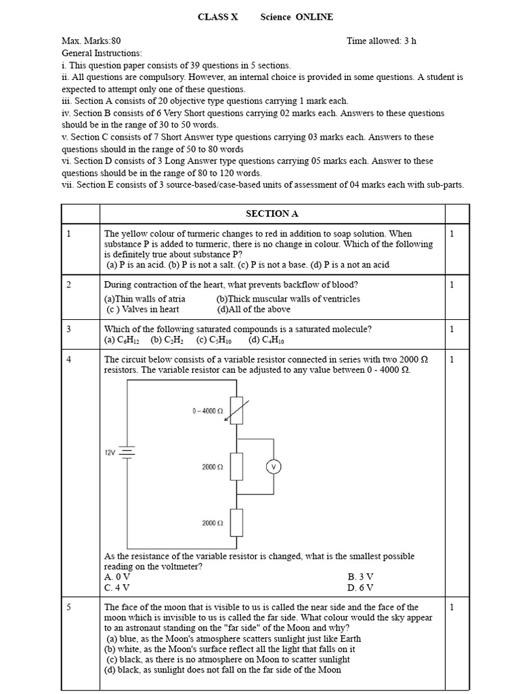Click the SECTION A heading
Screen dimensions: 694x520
[272, 213]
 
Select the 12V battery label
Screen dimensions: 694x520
[110, 452]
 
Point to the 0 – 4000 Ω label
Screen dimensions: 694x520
[208, 411]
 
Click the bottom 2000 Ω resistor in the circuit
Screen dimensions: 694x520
[236, 523]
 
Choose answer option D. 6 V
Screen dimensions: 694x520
[360, 588]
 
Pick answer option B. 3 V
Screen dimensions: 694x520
[360, 577]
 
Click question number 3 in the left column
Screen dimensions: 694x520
[69, 329]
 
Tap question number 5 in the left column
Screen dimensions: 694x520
[69, 607]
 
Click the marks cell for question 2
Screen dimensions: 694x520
[452, 285]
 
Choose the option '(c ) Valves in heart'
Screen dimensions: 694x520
[143, 309]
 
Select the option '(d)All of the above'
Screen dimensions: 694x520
[254, 309]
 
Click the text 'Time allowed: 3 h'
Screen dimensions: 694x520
[381, 41]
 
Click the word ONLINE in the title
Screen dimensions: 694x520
[314, 17]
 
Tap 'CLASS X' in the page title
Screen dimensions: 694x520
[217, 17]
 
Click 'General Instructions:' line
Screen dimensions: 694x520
[102, 53]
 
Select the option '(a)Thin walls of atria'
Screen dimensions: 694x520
[144, 299]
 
